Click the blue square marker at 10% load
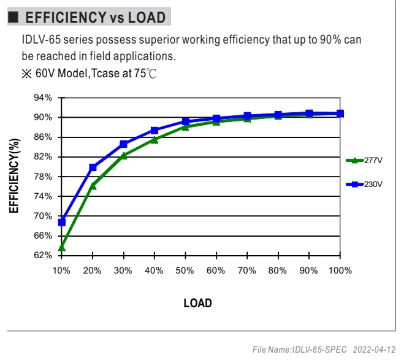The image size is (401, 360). coord(62,223)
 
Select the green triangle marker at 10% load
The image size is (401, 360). coord(62,247)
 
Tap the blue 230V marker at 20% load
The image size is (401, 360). coord(93,167)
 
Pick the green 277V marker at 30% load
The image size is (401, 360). coord(123,156)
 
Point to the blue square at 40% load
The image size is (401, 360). coord(155,131)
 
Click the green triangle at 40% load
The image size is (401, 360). coord(155,140)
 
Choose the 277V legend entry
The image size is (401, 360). coord(364,161)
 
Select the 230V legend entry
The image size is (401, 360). coord(364,184)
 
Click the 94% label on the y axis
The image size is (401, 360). coord(43,98)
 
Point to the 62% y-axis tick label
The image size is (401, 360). coord(43,255)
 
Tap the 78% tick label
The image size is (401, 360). coord(43,177)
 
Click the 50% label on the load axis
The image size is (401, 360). coord(185,270)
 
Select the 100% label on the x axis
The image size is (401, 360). coord(340,270)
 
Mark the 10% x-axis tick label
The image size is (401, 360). coord(61,270)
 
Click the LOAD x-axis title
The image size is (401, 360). coord(197,303)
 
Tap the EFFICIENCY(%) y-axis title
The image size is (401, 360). coord(14,175)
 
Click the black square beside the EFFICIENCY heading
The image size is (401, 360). coord(13,17)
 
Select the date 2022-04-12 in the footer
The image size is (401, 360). coord(374,350)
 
